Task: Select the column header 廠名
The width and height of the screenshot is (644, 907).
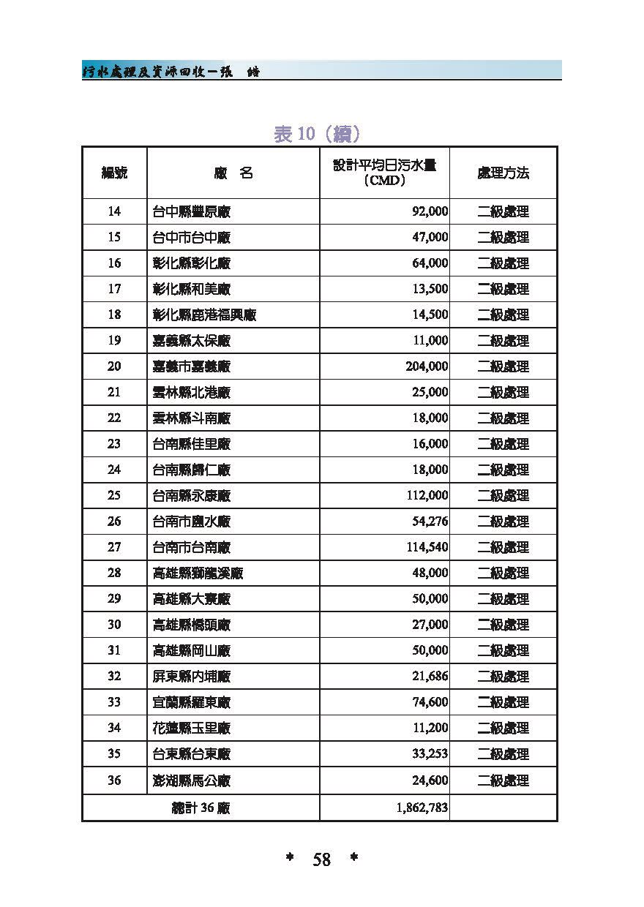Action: coord(233,173)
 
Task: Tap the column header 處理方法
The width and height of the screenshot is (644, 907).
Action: coord(503,173)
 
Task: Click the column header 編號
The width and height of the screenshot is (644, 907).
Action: coord(114,173)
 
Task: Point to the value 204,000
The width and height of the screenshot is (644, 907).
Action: coord(427,366)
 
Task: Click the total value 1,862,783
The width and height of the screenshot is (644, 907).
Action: coord(419,808)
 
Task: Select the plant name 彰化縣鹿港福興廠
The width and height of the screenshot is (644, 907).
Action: coord(204,315)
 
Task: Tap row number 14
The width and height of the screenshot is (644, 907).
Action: coord(114,212)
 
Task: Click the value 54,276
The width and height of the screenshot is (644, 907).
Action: coord(430,522)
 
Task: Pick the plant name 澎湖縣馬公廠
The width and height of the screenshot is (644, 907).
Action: coord(192,780)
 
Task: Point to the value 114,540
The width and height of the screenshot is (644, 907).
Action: coord(427,547)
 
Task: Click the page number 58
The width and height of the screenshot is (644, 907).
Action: coord(322,860)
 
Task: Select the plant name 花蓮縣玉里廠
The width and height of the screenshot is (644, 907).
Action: coord(192,728)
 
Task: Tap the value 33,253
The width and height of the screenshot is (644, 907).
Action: coord(430,754)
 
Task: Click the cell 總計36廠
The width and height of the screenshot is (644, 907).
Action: coord(201,808)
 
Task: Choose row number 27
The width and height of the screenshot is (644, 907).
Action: coord(114,547)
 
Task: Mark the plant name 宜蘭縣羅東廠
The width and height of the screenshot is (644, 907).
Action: coord(192,702)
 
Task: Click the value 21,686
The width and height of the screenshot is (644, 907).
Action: coord(430,677)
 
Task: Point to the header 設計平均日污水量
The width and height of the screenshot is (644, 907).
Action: coord(385,167)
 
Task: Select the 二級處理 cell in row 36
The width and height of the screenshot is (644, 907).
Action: coord(503,780)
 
